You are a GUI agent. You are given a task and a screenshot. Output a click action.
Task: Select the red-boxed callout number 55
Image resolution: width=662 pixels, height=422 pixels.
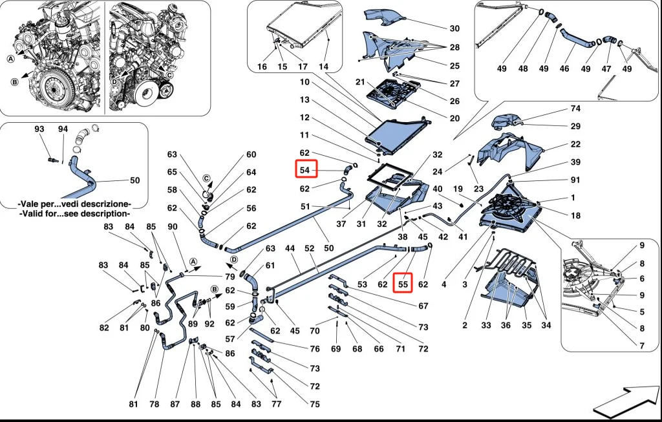pos(403,283)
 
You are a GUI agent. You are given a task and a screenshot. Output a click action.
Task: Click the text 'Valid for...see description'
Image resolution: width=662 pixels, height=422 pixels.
pos(74,213)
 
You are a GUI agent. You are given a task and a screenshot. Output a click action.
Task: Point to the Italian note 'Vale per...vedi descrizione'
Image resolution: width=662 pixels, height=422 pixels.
pos(74,204)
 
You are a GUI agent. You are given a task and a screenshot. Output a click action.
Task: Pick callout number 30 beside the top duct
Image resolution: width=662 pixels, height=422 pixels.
pos(454,28)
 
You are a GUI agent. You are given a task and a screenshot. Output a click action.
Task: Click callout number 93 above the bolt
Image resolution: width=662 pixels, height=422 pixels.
pos(39,130)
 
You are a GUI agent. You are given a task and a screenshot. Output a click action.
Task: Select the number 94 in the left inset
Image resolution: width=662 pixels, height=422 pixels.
pos(63,130)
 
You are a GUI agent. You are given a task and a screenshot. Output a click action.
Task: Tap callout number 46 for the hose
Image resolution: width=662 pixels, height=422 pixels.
pos(564,68)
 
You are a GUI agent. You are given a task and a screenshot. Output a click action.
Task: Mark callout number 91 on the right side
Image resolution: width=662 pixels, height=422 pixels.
pos(575,180)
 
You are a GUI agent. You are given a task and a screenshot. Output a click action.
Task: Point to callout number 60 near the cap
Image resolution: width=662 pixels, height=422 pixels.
pos(251,155)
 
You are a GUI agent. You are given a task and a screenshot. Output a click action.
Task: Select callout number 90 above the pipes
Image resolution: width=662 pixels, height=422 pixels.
pos(172,227)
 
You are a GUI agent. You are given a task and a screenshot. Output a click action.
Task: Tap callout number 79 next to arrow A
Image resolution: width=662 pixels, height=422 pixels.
pos(230,277)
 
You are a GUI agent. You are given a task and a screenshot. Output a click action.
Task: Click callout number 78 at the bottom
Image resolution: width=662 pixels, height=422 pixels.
pos(154,405)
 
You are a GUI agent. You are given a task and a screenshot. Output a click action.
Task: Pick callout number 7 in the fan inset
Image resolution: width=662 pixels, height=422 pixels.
pos(642,346)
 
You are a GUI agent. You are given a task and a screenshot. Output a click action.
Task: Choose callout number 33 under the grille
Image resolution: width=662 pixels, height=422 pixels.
pos(486,325)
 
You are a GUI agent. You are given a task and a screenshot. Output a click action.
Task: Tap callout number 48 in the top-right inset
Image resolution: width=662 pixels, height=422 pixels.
pos(523,68)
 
